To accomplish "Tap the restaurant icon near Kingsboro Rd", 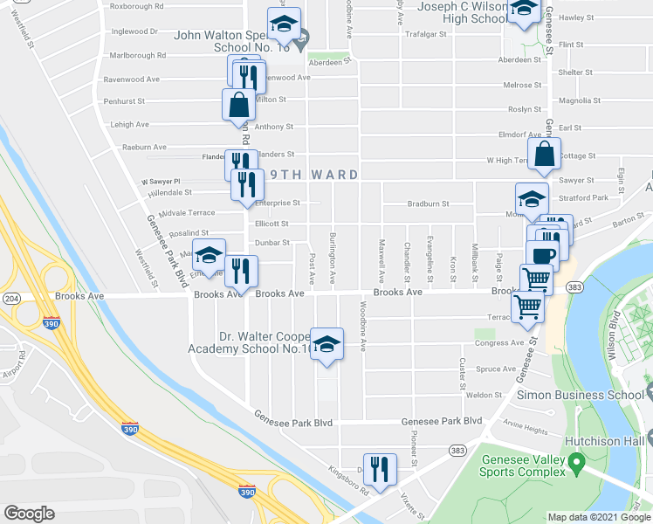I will tap(380, 468).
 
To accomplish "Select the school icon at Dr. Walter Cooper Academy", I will tap(326, 344).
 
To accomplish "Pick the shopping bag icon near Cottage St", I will tap(544, 153).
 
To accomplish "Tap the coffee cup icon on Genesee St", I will tap(543, 253).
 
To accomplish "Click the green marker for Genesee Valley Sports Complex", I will tap(575, 461).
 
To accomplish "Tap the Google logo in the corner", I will tap(29, 514).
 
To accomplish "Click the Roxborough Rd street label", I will tap(137, 6).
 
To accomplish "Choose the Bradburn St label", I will tap(428, 203).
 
